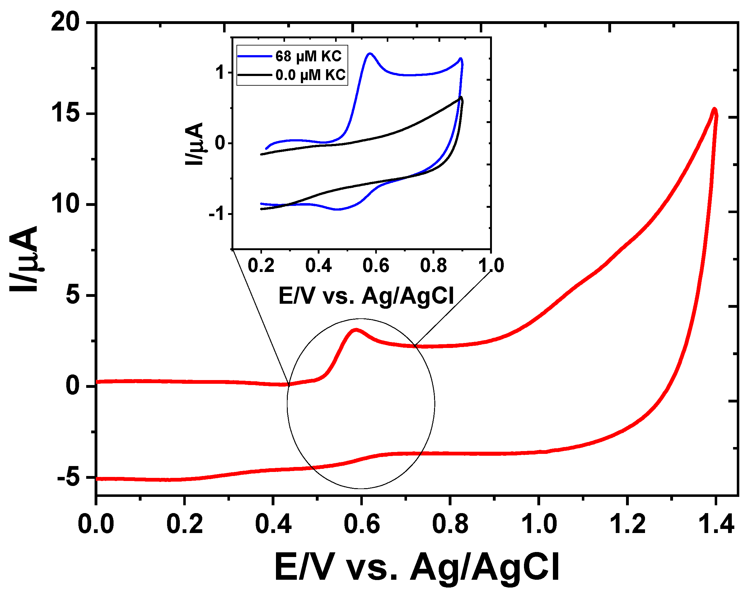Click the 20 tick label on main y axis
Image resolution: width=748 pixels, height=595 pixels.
click(65, 23)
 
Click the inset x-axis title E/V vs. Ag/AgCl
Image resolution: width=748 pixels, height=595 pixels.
click(366, 296)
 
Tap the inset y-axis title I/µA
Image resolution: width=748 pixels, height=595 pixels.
click(194, 143)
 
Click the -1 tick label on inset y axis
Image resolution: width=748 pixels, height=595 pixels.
click(217, 214)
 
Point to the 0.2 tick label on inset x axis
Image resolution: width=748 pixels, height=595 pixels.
click(261, 266)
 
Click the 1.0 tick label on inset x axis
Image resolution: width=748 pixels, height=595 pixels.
click(491, 266)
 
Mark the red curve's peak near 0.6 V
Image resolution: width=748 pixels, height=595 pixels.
click(355, 330)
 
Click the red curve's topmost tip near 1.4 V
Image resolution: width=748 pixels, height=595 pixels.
click(714, 109)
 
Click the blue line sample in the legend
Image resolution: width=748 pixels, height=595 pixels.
click(254, 56)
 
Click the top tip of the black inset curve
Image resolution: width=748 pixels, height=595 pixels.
click(461, 98)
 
